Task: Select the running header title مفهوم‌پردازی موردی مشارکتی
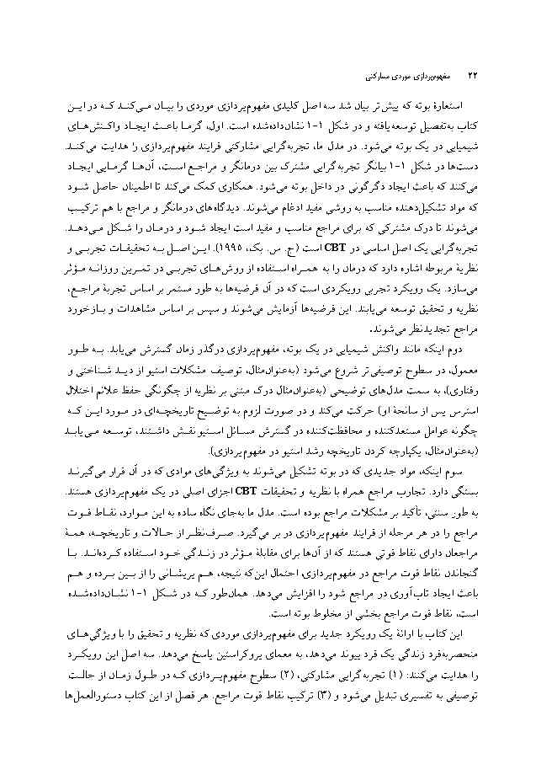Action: (396, 76)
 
